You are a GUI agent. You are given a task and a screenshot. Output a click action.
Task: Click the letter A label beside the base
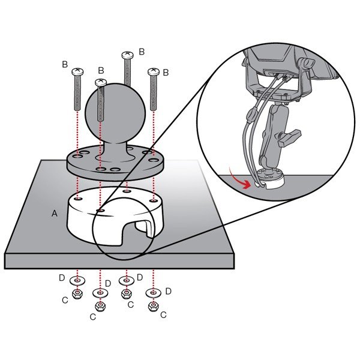click(x=55, y=214)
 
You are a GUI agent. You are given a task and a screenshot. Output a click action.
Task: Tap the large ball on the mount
click(x=115, y=113)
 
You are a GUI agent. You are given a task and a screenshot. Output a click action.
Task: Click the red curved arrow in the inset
click(x=241, y=179)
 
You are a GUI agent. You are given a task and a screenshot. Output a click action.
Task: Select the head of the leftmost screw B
click(x=77, y=71)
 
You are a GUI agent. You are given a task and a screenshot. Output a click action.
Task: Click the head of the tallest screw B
click(x=127, y=55)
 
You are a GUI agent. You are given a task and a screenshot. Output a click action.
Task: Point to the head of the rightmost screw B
click(x=154, y=72)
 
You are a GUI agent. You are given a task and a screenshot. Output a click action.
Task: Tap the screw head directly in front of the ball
click(x=101, y=82)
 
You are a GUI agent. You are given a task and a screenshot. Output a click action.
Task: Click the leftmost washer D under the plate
click(x=77, y=280)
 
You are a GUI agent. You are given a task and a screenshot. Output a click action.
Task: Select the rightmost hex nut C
click(x=154, y=306)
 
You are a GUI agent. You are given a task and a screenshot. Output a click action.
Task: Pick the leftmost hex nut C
click(x=77, y=293)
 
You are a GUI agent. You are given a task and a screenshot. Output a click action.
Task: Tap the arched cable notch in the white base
click(x=136, y=232)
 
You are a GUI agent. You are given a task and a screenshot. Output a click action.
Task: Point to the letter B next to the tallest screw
click(x=142, y=52)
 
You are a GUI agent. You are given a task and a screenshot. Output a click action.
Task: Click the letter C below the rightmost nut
click(x=163, y=315)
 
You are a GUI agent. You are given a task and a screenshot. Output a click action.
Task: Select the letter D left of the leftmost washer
click(x=62, y=278)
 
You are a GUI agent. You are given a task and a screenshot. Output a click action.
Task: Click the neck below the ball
click(x=114, y=151)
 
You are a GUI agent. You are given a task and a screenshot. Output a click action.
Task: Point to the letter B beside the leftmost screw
click(x=65, y=65)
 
